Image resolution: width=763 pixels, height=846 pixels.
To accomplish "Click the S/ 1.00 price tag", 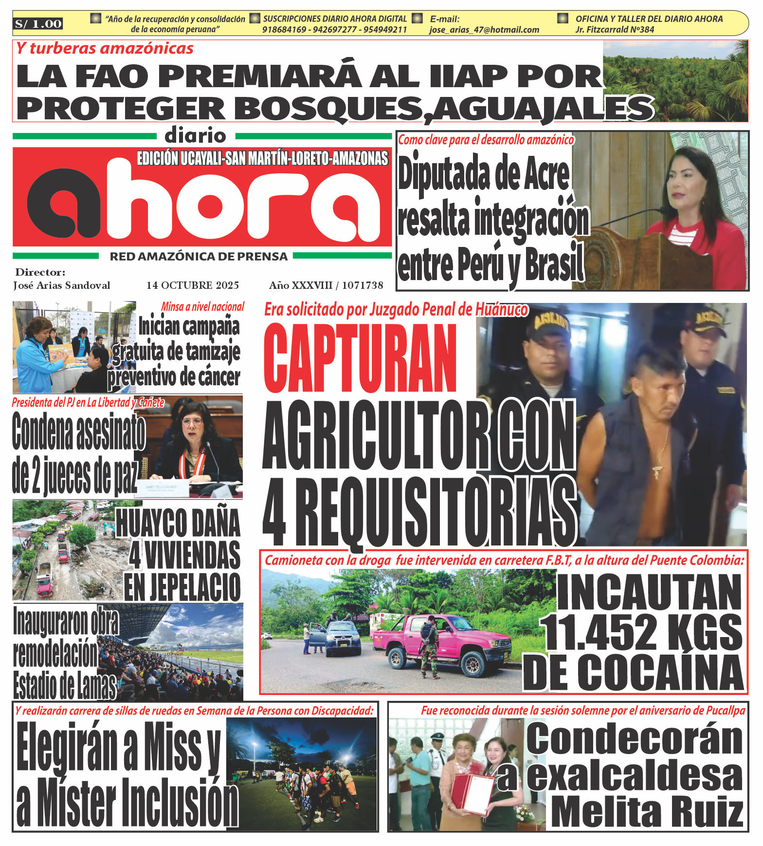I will (x=38, y=24).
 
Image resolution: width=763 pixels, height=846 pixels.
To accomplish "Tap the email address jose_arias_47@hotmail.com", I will (x=484, y=30).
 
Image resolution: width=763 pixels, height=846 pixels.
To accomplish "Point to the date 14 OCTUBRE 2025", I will (x=193, y=285).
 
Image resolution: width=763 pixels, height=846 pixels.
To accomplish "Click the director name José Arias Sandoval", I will (x=62, y=285).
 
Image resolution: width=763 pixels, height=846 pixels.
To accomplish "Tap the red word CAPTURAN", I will (x=360, y=358).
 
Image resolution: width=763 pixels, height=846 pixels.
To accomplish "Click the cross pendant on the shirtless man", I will (x=656, y=471).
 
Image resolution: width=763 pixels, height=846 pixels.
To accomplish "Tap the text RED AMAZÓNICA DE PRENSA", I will (x=199, y=257).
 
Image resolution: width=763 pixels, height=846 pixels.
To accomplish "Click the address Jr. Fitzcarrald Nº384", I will (x=615, y=30).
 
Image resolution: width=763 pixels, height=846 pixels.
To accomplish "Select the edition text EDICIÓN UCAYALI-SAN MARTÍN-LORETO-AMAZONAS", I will (x=263, y=158).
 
